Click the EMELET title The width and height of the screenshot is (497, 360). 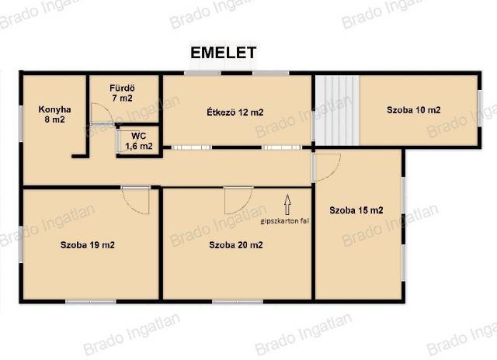point(223,53)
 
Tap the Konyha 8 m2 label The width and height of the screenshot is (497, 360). point(54,114)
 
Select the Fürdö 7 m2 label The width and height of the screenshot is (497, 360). point(123,93)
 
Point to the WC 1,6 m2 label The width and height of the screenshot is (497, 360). point(139,141)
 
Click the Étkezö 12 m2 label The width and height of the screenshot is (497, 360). point(235,112)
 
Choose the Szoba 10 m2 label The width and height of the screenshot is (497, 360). point(414,110)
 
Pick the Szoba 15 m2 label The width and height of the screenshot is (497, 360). point(356,210)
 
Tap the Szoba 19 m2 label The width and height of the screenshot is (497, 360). point(88,244)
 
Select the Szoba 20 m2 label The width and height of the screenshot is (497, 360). point(236,244)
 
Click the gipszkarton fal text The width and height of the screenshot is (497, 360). point(285,221)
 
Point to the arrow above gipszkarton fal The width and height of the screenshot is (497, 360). point(287,205)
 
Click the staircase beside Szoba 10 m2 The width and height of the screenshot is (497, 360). point(336,110)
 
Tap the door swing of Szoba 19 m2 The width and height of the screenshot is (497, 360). point(135,200)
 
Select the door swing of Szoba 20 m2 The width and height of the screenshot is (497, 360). point(238,200)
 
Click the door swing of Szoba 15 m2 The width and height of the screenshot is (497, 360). point(328,167)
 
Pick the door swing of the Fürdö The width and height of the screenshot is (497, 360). point(102,113)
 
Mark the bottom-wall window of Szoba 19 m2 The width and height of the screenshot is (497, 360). point(91,302)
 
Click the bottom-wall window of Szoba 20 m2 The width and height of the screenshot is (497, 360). point(238,302)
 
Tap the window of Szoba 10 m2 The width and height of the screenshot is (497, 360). point(480,108)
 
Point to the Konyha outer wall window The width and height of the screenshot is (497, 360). point(21,123)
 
